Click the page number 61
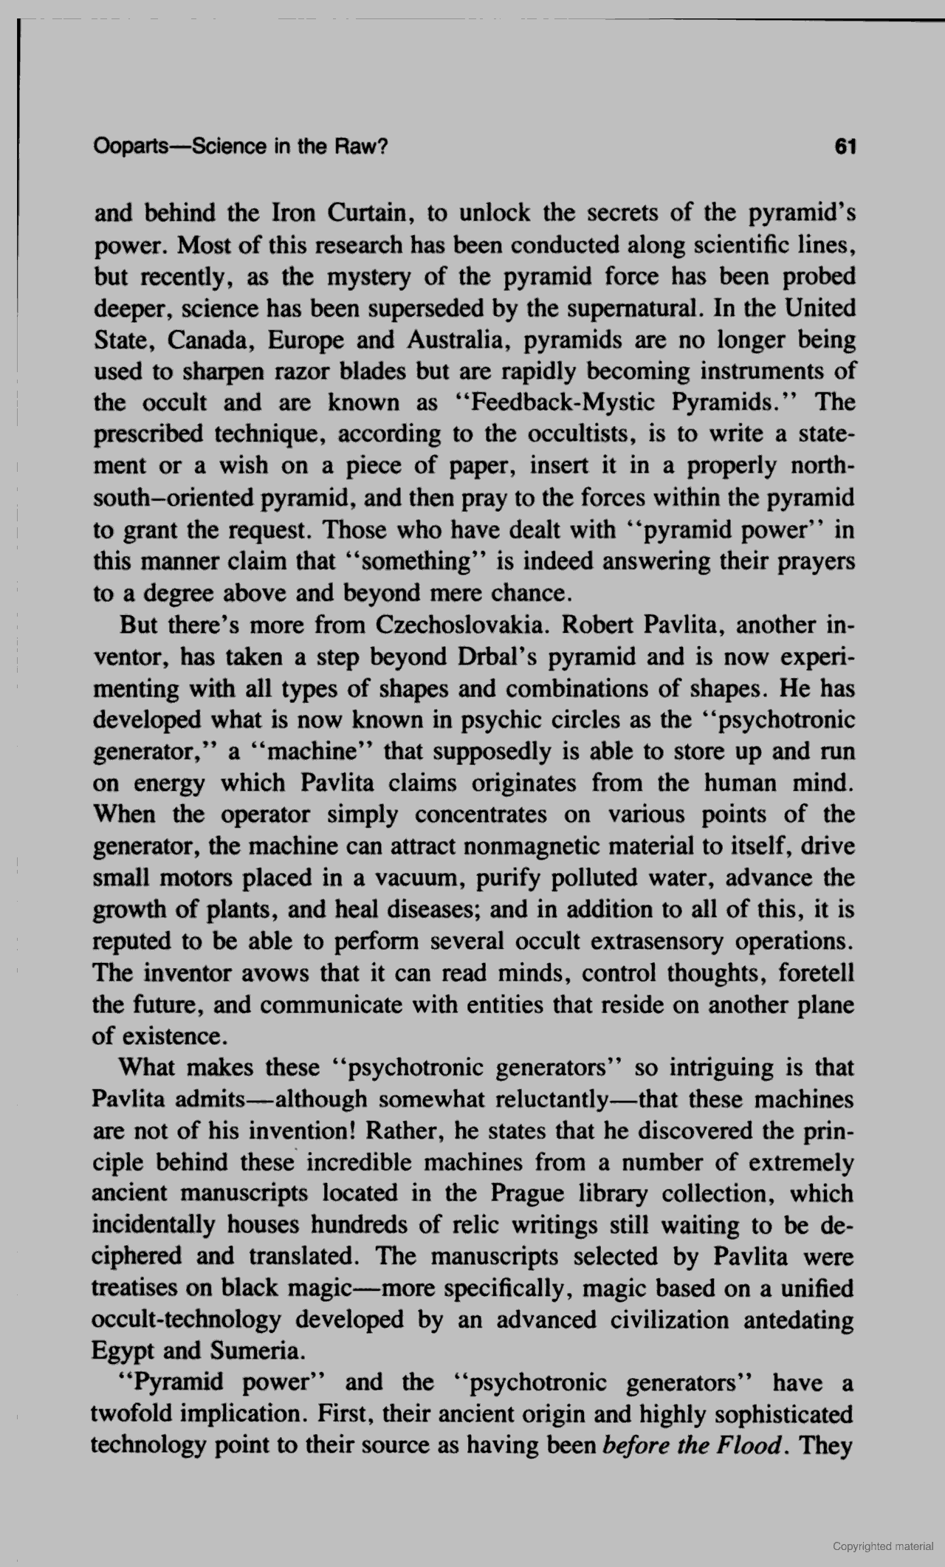pos(844,147)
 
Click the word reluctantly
pos(560,1100)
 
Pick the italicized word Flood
pos(747,1445)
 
